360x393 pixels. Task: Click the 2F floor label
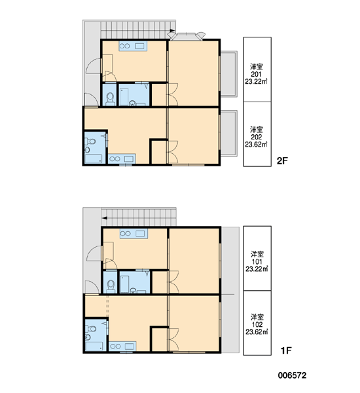pos(282,160)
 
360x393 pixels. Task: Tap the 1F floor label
pos(286,350)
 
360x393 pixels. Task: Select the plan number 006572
pos(292,375)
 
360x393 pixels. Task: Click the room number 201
pos(257,74)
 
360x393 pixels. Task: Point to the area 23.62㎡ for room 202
pos(256,144)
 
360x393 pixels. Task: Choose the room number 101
pos(257,262)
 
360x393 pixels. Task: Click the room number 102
pos(257,325)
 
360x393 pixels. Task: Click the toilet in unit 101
pos(111,286)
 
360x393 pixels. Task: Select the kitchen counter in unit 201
pos(133,46)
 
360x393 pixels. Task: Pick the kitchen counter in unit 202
pos(122,159)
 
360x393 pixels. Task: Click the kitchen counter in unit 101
pos(134,234)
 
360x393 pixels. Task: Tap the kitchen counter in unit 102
pos(122,346)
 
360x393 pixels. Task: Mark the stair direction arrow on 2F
pos(172,31)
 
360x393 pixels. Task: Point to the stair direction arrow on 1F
pos(105,218)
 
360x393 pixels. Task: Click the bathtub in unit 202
pos(94,159)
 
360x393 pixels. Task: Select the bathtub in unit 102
pos(94,346)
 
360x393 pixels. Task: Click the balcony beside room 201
pos(228,74)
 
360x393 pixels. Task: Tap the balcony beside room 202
pos(228,133)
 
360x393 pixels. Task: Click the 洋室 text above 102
pos(257,317)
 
